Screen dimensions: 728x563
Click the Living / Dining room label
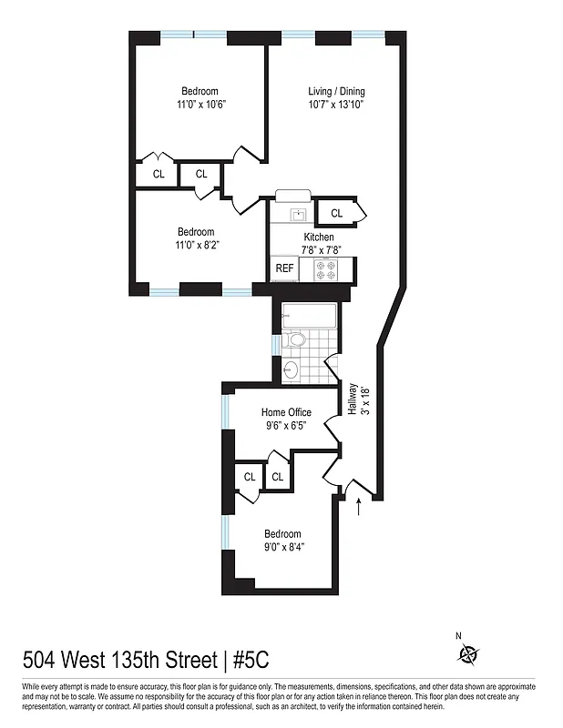(336, 91)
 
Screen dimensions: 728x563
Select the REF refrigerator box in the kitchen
(284, 268)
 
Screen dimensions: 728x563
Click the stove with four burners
(326, 269)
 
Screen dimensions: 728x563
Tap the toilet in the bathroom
(294, 340)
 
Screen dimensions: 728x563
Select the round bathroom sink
(291, 369)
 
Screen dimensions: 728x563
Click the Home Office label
(286, 411)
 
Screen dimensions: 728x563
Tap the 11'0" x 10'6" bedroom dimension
(200, 105)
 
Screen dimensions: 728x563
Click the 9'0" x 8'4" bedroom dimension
(282, 547)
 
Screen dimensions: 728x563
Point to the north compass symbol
(469, 653)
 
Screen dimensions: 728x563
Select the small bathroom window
(274, 346)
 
